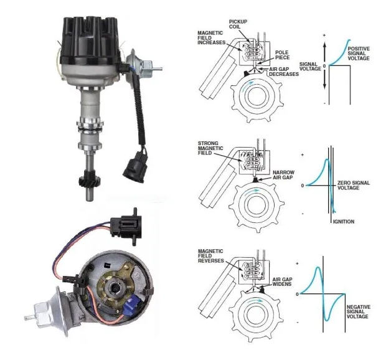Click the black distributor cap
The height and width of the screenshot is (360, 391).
[90, 39]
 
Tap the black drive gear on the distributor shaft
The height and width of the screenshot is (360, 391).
[90, 180]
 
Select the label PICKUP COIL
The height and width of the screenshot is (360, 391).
[238, 24]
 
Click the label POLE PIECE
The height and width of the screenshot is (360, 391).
[282, 55]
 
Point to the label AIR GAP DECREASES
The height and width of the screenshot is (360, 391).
[284, 72]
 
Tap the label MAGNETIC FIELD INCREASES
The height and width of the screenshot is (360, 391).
[211, 37]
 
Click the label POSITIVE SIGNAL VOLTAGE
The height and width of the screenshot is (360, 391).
[359, 54]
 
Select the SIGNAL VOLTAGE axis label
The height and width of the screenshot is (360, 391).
[310, 67]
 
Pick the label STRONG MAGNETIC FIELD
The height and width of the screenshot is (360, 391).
[210, 148]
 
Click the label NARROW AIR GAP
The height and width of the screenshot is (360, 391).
[283, 175]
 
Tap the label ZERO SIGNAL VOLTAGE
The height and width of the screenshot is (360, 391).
[354, 186]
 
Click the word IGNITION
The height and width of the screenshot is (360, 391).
[344, 221]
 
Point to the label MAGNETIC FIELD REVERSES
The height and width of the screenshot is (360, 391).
[210, 256]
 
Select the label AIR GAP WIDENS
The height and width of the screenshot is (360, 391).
[282, 282]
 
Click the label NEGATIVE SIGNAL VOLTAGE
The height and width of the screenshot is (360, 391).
[359, 311]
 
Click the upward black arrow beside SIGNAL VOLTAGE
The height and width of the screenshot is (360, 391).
[324, 52]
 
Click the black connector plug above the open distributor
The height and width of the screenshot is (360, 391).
[126, 227]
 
